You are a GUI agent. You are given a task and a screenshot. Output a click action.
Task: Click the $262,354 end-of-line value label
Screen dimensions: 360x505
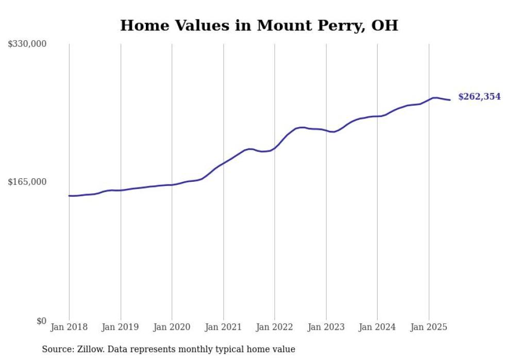(x=479, y=96)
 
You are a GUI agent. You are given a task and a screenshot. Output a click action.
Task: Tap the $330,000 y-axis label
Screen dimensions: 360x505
(x=27, y=44)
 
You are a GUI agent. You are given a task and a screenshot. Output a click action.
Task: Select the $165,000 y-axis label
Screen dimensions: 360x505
(x=27, y=182)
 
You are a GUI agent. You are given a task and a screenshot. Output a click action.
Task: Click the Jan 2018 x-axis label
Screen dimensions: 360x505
(x=69, y=327)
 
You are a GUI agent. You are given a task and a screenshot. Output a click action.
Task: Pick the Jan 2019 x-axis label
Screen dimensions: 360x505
(x=120, y=327)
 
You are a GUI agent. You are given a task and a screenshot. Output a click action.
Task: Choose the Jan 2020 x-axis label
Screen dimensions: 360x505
(x=172, y=327)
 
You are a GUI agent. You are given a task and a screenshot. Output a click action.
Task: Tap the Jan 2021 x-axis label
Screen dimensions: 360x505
(x=223, y=327)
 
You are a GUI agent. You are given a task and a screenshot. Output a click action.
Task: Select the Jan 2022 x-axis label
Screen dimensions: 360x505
(x=274, y=327)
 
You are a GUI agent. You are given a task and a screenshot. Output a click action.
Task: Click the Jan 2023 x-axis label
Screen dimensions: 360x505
(x=326, y=327)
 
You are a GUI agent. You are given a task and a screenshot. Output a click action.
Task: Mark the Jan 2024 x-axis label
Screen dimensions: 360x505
(x=377, y=327)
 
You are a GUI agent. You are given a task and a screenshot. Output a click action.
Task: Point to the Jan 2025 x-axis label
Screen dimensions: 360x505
(x=429, y=327)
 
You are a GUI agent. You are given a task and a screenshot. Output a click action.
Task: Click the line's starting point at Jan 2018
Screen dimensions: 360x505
(x=69, y=196)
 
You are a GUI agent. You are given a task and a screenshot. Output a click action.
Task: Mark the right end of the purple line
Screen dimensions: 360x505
(x=450, y=100)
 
